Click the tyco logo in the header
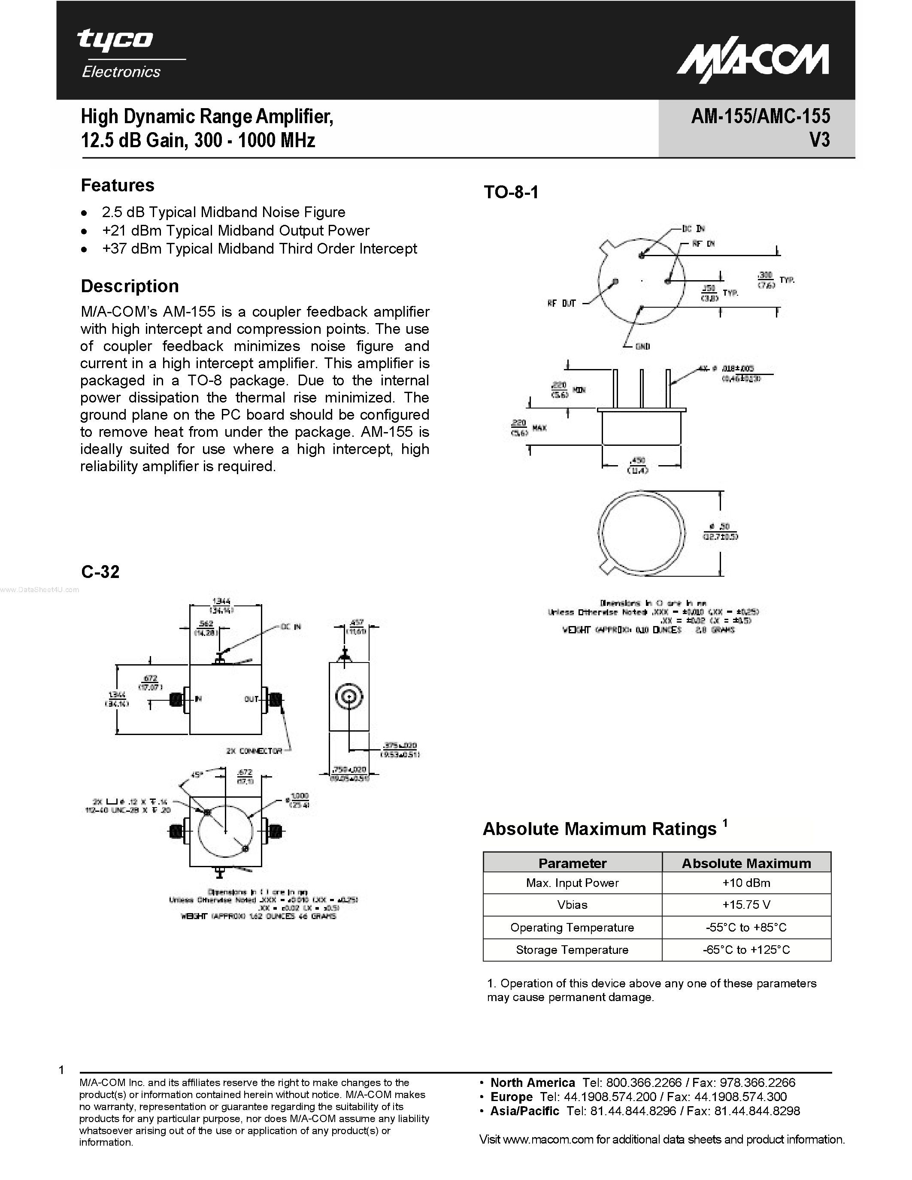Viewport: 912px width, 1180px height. (x=115, y=40)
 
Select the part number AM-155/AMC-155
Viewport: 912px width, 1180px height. (x=760, y=116)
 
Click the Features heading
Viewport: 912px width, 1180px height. (x=117, y=185)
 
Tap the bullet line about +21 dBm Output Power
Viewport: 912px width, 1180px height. (x=235, y=231)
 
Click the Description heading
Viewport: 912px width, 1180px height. (x=130, y=286)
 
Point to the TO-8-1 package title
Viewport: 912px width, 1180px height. (x=511, y=192)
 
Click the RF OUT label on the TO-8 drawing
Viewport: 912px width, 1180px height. (x=561, y=304)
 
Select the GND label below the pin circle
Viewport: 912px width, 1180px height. (x=642, y=346)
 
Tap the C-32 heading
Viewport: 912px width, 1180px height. (x=100, y=572)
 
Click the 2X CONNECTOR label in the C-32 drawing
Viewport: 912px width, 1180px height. (x=254, y=751)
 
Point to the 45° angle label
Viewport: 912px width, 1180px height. (x=197, y=775)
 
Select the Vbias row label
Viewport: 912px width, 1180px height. (x=572, y=905)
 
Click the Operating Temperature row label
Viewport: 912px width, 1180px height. (x=572, y=927)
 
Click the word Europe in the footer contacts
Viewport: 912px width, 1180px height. (x=511, y=1097)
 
